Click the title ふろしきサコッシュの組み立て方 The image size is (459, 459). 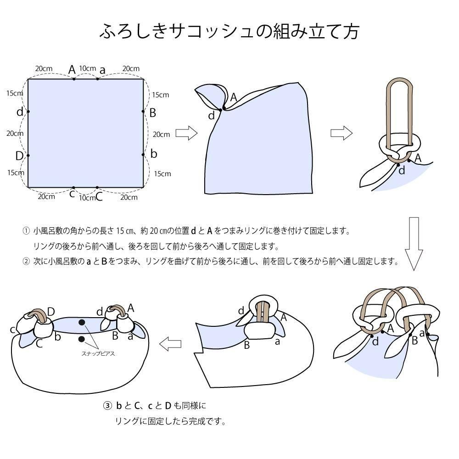point(229,31)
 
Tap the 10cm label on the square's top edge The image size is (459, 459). point(88,68)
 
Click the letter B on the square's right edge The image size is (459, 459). point(152,113)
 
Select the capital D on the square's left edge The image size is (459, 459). point(19,156)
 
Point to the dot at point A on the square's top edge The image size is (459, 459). point(74,79)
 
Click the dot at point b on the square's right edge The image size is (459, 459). point(143,155)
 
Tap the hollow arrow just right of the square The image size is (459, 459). point(186,133)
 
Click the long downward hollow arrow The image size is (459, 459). point(414,244)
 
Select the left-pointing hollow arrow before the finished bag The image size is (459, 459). point(170,344)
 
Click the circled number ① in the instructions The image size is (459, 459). point(26,231)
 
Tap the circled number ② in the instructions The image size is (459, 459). point(26,261)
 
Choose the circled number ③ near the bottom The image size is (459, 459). point(107,405)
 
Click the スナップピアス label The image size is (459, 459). point(98,353)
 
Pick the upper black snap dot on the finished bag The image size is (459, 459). point(82,322)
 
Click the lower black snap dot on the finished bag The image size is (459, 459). point(82,339)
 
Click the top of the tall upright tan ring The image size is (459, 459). point(400,79)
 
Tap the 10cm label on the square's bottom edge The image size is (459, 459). point(87,198)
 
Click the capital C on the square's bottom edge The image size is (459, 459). point(99,197)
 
